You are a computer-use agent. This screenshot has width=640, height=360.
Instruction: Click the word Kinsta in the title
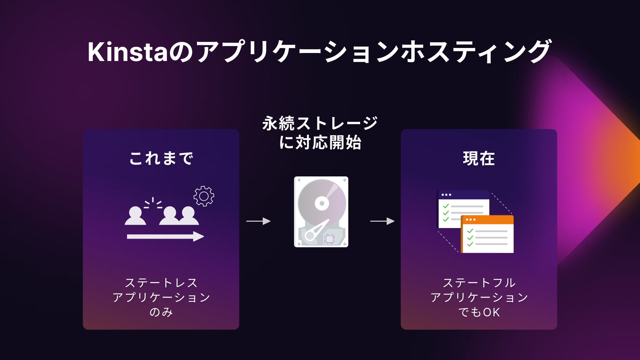(127, 52)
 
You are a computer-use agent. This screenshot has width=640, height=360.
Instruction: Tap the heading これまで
(161, 158)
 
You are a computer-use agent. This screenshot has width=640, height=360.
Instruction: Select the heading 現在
(479, 158)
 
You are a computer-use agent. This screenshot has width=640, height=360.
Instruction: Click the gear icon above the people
(204, 196)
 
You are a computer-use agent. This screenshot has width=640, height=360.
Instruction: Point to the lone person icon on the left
(135, 216)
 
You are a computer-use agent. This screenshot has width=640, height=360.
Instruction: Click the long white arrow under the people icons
(165, 237)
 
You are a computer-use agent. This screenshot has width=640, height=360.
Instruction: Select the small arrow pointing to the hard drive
(258, 221)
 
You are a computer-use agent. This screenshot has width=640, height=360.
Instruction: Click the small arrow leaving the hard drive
(382, 221)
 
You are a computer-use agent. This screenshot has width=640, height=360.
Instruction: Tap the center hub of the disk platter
(322, 203)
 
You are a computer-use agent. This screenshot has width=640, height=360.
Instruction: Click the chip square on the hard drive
(329, 239)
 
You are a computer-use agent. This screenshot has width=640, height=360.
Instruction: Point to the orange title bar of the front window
(487, 220)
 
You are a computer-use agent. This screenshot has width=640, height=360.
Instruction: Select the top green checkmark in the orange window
(470, 231)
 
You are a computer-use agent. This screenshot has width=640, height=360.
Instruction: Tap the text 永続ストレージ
(320, 123)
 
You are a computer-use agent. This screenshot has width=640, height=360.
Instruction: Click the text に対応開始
(320, 143)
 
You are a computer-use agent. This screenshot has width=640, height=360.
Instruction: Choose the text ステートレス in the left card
(161, 283)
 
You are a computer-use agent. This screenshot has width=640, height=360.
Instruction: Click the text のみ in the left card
(161, 312)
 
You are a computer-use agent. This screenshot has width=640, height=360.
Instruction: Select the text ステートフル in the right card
(479, 283)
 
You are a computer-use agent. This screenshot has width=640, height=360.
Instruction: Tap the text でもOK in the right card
(479, 312)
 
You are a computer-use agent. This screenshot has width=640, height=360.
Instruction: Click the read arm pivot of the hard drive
(310, 236)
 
